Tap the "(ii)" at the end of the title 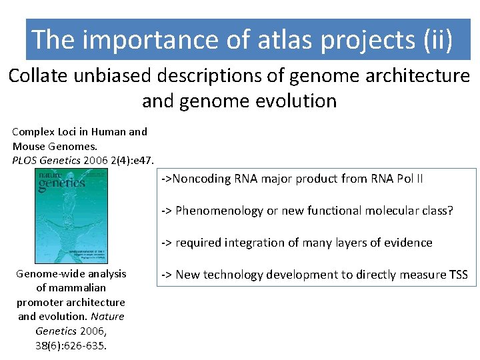[x=437, y=40]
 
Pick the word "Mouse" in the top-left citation [x=28, y=146]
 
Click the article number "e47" [x=145, y=160]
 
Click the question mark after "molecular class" [x=450, y=211]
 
